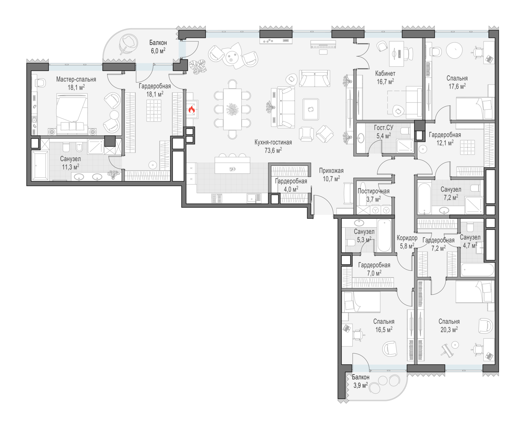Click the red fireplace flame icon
(192, 109)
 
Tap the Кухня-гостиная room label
(273, 143)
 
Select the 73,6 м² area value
(273, 150)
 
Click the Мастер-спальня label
(76, 79)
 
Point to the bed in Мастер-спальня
(72, 114)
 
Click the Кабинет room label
(385, 74)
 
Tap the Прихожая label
(331, 171)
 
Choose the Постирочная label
(373, 191)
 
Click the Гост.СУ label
(384, 128)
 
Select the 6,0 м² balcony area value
(158, 51)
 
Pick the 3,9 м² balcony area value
(361, 385)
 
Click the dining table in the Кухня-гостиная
(233, 109)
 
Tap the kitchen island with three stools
(233, 165)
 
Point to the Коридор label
(407, 238)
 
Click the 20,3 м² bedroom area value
(449, 329)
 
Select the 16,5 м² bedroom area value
(384, 329)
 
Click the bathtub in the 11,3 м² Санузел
(40, 166)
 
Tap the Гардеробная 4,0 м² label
(291, 185)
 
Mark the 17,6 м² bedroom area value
(457, 86)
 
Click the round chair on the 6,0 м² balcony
(129, 44)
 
